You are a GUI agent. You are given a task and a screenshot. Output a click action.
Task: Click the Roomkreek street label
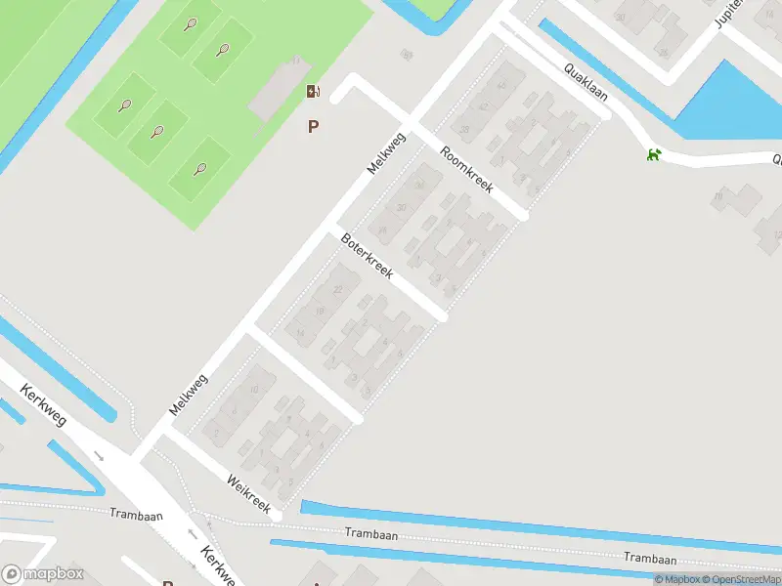(466, 169)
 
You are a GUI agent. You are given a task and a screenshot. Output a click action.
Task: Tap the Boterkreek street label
(367, 256)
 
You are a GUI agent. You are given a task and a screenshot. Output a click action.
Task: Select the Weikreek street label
(247, 493)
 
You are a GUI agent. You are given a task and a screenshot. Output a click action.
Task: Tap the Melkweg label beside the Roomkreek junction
(386, 153)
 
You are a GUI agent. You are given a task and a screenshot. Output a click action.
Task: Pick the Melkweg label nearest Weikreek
(188, 395)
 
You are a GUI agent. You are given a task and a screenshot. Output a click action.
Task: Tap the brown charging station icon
(313, 92)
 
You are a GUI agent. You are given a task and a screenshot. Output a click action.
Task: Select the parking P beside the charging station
(313, 126)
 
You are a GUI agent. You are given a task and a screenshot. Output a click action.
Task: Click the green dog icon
(652, 154)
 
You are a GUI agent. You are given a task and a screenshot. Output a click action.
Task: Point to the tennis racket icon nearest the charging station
(223, 49)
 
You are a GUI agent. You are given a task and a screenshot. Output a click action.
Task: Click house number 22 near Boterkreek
(339, 290)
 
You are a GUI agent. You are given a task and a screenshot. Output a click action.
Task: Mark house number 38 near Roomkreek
(464, 130)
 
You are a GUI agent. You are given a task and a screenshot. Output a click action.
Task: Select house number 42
(501, 86)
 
